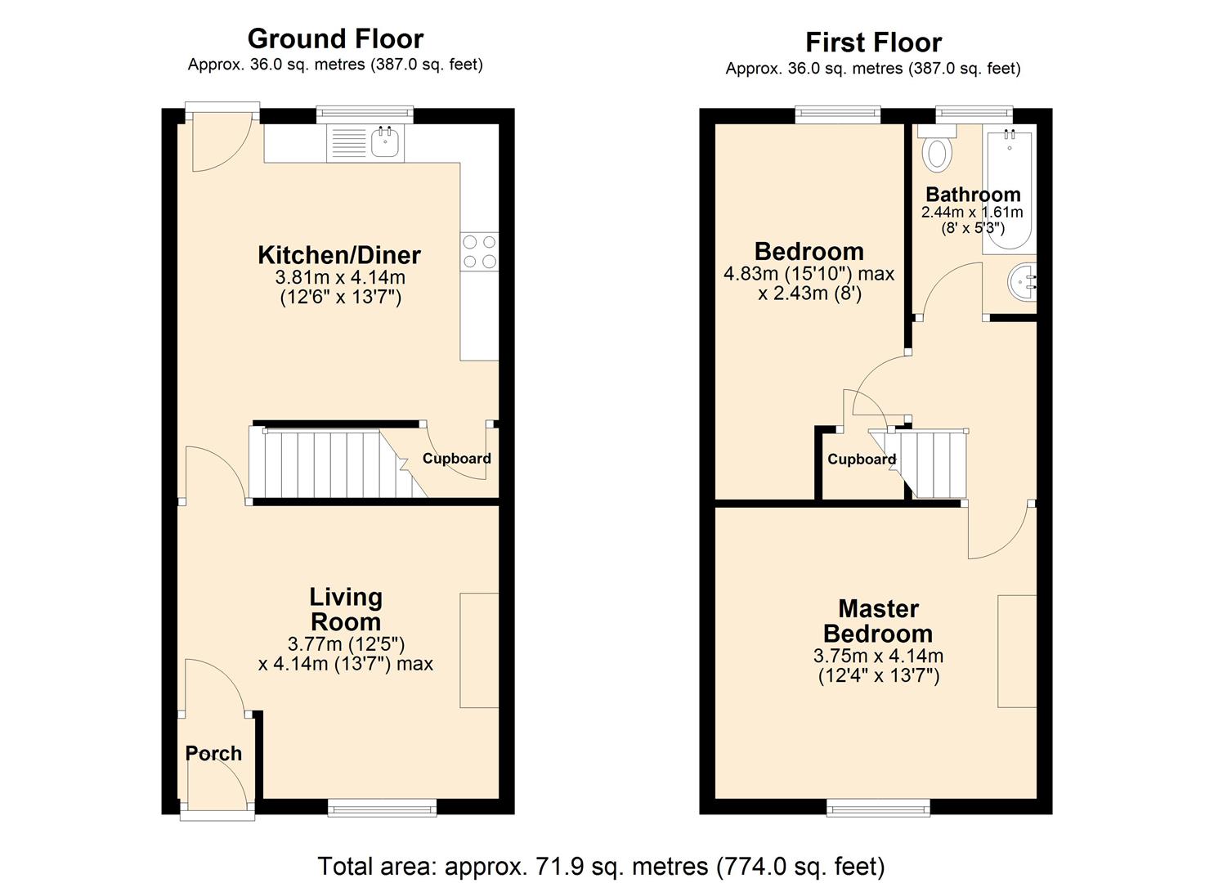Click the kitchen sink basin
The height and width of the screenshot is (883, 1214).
pos(384,144)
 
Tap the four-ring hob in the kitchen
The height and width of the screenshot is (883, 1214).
pos(479,251)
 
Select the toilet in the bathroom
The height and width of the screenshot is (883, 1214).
pos(935,152)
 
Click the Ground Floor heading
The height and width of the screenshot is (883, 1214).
pos(335,38)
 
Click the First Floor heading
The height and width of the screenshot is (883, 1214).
pos(873,42)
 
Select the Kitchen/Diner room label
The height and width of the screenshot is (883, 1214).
pos(340,255)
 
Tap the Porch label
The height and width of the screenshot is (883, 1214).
pos(213,754)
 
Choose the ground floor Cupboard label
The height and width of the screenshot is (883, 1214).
pos(456,459)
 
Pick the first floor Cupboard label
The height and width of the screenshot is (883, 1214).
pos(861,459)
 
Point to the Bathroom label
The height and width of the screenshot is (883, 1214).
pos(973,195)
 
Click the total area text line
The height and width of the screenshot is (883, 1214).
pos(601,866)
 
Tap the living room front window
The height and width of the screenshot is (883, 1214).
pos(382,808)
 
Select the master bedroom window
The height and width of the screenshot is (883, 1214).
pos(878,808)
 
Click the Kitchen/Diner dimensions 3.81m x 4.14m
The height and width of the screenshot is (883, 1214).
pos(340,277)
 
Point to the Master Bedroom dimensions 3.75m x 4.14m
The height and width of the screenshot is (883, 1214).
pos(878,656)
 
